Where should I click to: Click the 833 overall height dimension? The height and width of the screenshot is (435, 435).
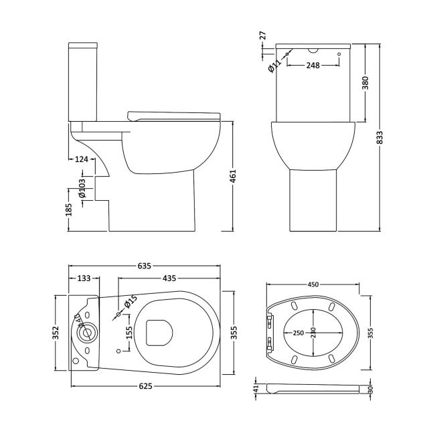coord(379,138)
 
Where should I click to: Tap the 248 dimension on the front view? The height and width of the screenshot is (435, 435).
coord(312,65)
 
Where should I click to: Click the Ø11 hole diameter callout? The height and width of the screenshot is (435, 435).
coord(274,65)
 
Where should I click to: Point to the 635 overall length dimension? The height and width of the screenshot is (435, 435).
coord(144,266)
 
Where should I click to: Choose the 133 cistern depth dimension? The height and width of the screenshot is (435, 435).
coord(84,278)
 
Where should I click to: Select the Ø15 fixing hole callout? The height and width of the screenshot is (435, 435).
coord(128,303)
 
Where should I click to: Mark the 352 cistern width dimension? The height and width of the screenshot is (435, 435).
coord(56,332)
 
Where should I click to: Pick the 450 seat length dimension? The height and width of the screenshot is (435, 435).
coord(313,284)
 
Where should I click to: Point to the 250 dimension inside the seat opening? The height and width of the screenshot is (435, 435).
coord(297,333)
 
